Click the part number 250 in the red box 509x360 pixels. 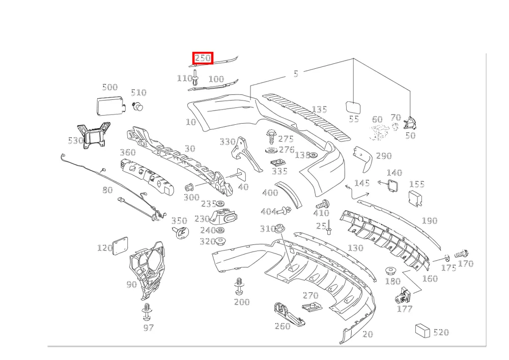[203, 58]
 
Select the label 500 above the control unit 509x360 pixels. [110, 87]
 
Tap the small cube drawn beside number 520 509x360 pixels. [422, 330]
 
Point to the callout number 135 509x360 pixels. [320, 109]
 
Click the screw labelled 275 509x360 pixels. [271, 137]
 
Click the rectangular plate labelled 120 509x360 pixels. [120, 246]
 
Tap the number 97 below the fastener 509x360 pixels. [148, 327]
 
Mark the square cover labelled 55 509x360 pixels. [353, 107]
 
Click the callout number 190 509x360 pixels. [430, 221]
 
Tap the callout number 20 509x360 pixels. [367, 334]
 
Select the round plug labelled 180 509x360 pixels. [389, 271]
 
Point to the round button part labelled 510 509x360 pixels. [138, 106]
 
